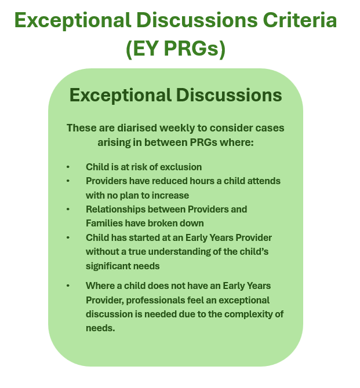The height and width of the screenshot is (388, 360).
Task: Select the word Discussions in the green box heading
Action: click(x=229, y=96)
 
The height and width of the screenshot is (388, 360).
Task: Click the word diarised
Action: click(x=137, y=128)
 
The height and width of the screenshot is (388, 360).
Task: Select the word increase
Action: click(x=170, y=196)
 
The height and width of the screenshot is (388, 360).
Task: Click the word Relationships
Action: click(x=115, y=210)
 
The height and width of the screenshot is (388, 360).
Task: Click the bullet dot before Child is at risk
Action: click(x=68, y=167)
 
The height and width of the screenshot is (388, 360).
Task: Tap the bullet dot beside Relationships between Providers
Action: click(x=68, y=210)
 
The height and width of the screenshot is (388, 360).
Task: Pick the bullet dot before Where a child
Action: click(x=68, y=286)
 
